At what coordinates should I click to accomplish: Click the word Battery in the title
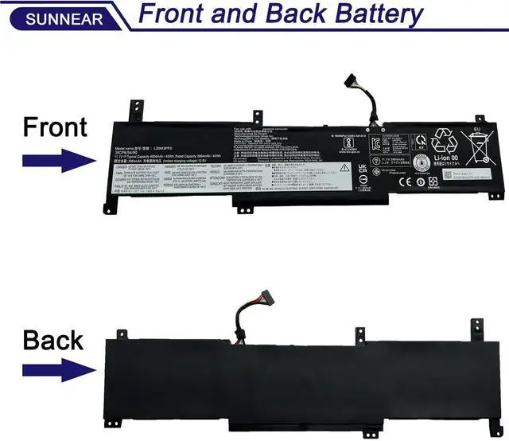(x=363, y=14)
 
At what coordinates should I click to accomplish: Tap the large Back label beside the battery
(x=52, y=340)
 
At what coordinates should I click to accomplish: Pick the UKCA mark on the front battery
(x=363, y=170)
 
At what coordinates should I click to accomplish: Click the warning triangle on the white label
(x=344, y=168)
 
